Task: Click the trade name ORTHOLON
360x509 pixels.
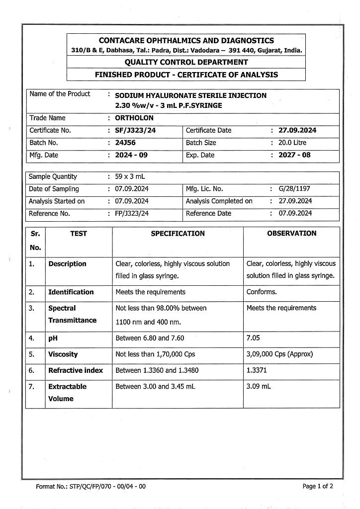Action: (134, 118)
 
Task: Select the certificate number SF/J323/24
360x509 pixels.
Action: (134, 131)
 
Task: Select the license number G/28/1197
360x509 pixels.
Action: (295, 189)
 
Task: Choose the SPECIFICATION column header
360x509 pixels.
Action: (178, 233)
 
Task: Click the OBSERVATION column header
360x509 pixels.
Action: (291, 233)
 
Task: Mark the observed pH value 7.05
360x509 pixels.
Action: (254, 339)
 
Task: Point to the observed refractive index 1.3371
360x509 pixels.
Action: (257, 370)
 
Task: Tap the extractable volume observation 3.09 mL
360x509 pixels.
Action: (259, 386)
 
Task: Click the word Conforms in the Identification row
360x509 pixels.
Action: (262, 292)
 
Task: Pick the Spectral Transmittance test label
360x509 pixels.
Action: (72, 314)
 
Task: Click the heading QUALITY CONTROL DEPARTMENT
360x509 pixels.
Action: (186, 62)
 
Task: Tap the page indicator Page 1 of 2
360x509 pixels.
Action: (318, 487)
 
